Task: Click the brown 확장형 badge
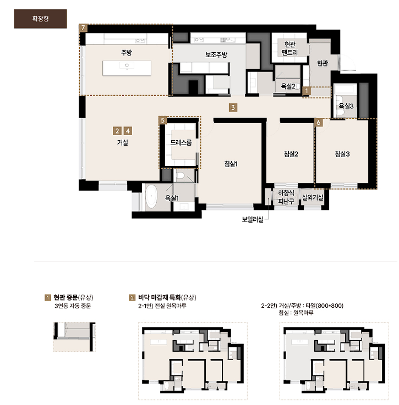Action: click(40, 19)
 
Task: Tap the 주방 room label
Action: click(126, 52)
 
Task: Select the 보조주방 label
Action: click(216, 55)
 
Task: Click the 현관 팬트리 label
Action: click(289, 48)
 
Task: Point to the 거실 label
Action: click(122, 142)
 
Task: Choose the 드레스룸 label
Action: click(181, 142)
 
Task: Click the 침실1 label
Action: click(231, 164)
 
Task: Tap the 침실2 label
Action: click(291, 154)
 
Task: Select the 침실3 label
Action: click(342, 154)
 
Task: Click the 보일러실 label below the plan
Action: click(253, 219)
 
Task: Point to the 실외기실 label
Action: click(313, 198)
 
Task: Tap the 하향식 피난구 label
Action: click(286, 197)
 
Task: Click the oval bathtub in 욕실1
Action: click(151, 197)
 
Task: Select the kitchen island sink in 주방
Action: click(127, 65)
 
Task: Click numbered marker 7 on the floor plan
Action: click(83, 28)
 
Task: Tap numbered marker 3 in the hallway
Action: click(233, 108)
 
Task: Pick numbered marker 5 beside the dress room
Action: click(162, 120)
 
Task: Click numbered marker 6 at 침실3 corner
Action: click(319, 123)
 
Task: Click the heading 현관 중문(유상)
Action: click(73, 297)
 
